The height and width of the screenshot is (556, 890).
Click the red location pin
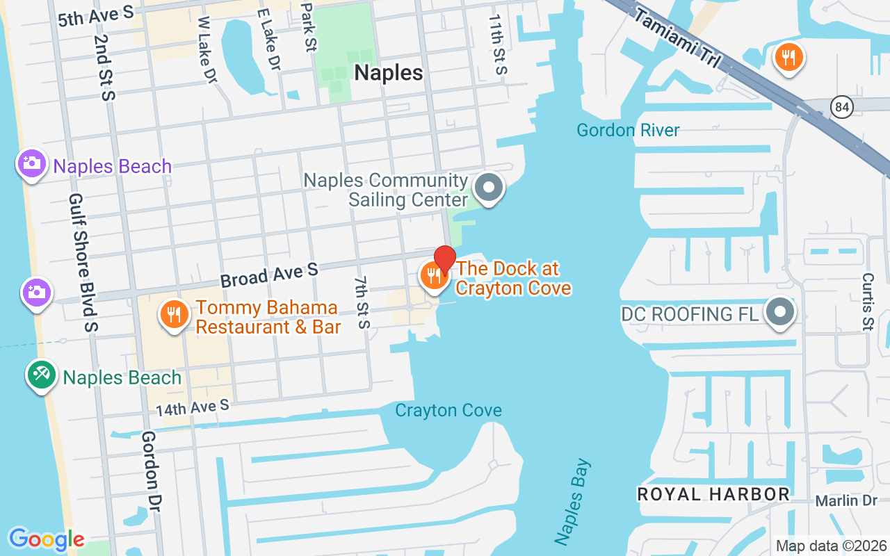point(445,259)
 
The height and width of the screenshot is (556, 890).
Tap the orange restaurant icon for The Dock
point(432,277)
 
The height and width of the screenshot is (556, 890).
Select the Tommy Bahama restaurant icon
point(173,315)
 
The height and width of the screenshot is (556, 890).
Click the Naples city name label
point(388,73)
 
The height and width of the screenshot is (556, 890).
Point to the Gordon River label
point(628,130)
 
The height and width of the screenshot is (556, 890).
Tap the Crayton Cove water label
point(448,411)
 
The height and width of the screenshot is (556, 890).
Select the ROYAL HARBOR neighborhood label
point(713,494)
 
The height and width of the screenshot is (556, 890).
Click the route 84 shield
point(841,107)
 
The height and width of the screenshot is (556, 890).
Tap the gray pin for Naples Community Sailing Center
point(488,188)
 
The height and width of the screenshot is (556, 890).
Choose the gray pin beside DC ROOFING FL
point(779,312)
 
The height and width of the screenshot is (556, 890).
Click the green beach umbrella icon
point(42,375)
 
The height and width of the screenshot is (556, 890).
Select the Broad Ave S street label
point(269,275)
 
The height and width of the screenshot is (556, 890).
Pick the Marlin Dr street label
point(846,501)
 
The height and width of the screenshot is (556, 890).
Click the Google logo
point(47,539)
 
